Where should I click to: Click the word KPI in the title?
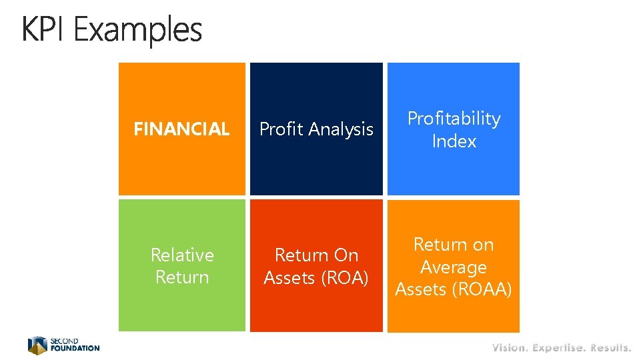pyautogui.click(x=45, y=30)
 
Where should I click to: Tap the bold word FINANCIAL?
pyautogui.click(x=181, y=129)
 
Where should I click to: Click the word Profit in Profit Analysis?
pyautogui.click(x=280, y=129)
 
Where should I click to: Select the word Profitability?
pyautogui.click(x=454, y=119)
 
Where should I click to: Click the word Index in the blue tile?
pyautogui.click(x=454, y=141)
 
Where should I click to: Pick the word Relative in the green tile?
pyautogui.click(x=182, y=255)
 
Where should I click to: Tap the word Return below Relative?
pyautogui.click(x=182, y=277)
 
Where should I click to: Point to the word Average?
pyautogui.click(x=454, y=267)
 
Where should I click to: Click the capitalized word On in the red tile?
pyautogui.click(x=346, y=255)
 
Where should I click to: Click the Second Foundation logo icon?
pyautogui.click(x=37, y=345)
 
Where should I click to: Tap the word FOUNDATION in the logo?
pyautogui.click(x=75, y=348)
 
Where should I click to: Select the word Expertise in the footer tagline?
pyautogui.click(x=560, y=347)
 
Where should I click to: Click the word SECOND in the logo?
pyautogui.click(x=65, y=341)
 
